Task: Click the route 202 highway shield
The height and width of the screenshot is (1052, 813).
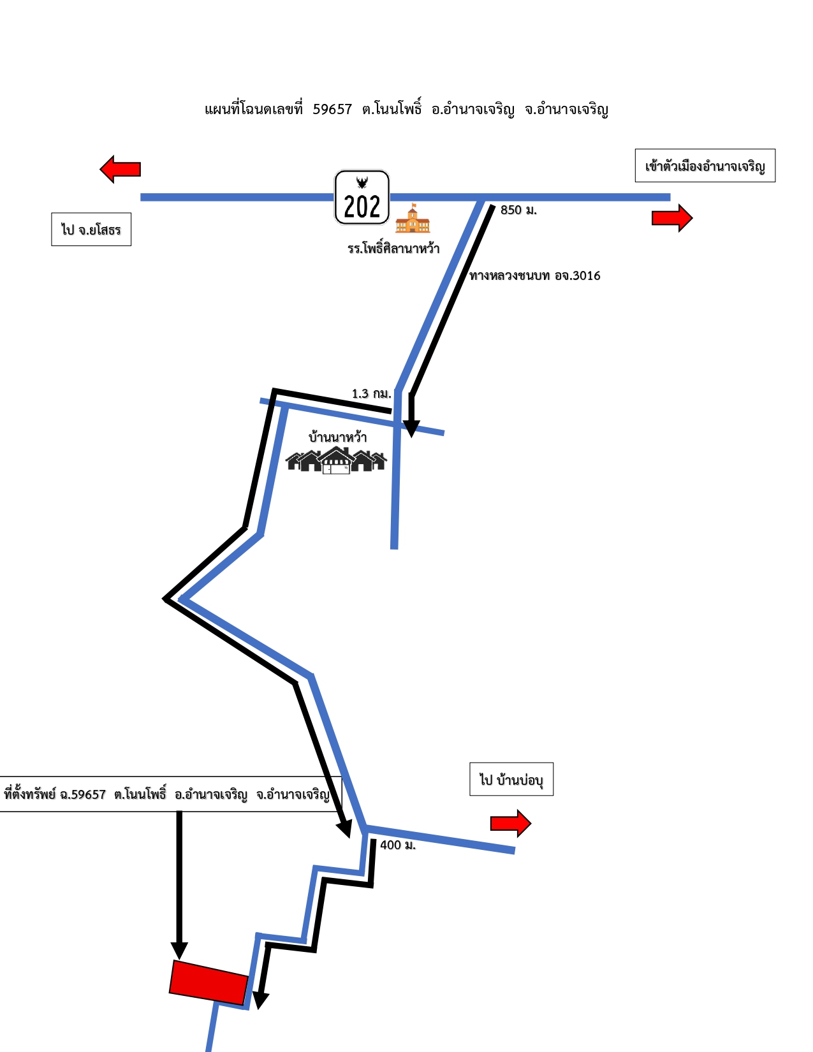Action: tap(362, 197)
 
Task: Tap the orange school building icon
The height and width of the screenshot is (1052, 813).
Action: tap(413, 218)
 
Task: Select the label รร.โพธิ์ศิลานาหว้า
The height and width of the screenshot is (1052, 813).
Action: tap(393, 248)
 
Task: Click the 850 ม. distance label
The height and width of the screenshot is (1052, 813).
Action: tap(518, 210)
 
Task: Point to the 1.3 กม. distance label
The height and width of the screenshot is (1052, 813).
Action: tap(371, 393)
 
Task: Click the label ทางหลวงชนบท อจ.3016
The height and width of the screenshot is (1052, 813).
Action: tap(534, 276)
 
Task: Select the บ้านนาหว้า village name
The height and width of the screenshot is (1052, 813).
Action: tap(337, 437)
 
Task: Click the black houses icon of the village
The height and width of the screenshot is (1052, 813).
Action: tap(336, 460)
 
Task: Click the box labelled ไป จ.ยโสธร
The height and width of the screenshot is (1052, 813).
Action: tap(91, 230)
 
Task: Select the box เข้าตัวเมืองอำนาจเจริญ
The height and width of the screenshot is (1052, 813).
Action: tap(705, 166)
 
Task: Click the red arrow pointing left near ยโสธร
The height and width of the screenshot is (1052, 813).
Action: tap(120, 169)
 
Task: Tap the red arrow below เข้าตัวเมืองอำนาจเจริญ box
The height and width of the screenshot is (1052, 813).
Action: tap(672, 218)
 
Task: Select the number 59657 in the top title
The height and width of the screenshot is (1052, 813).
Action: tap(332, 110)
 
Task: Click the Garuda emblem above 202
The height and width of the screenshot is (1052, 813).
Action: tap(362, 182)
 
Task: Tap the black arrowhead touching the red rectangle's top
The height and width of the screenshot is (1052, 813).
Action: tap(179, 951)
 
